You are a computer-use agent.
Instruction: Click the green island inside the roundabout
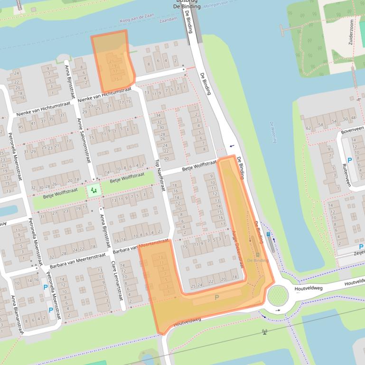click(x=278, y=296)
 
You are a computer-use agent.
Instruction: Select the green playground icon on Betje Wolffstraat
click(x=93, y=191)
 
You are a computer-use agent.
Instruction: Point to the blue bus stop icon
click(x=269, y=234)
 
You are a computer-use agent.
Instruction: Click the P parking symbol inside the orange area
click(x=217, y=297)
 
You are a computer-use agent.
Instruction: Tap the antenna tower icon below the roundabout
click(x=264, y=332)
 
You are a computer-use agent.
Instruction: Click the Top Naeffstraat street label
click(x=159, y=175)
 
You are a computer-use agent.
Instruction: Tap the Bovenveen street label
click(x=352, y=128)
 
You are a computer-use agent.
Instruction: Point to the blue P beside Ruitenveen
click(x=350, y=161)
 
